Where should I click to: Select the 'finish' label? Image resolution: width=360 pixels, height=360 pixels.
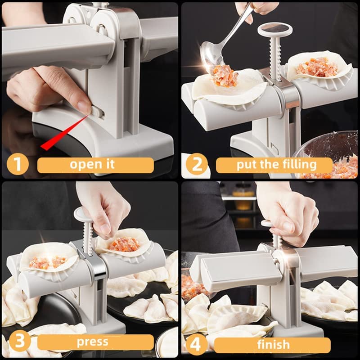(x=274, y=345)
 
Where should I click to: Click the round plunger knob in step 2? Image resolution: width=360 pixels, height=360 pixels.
(x=275, y=31)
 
